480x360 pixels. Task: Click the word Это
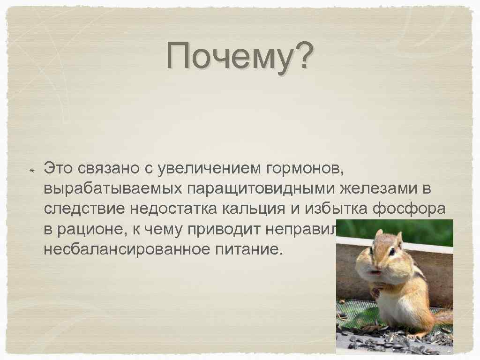[x=59, y=167]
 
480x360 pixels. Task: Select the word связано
[x=110, y=167]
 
